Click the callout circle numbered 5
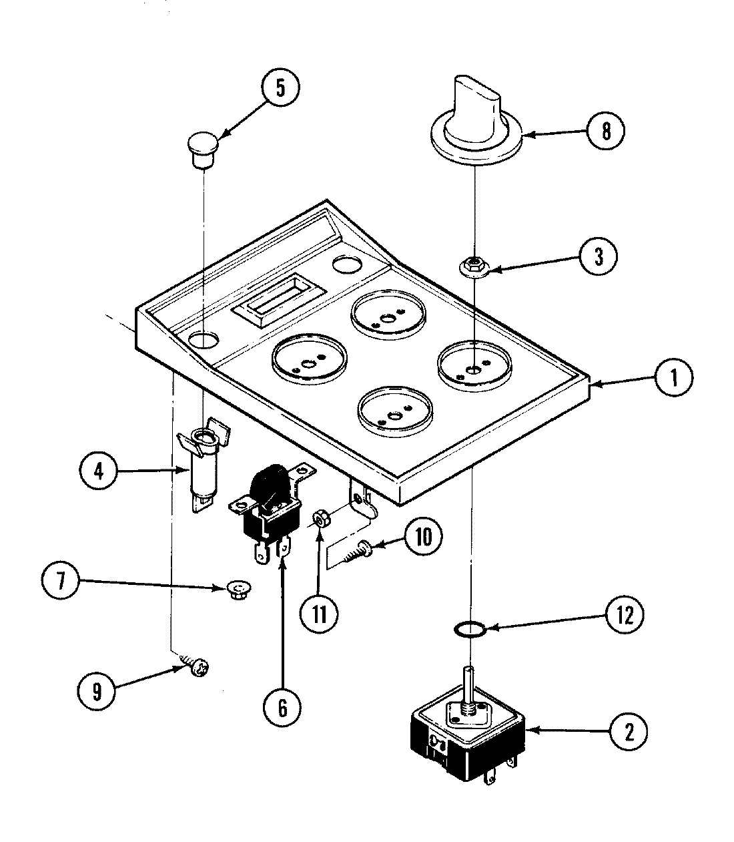pyautogui.click(x=280, y=89)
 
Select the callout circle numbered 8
pyautogui.click(x=605, y=132)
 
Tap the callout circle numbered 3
pyautogui.click(x=598, y=256)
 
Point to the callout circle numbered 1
pyautogui.click(x=674, y=379)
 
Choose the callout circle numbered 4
pyautogui.click(x=99, y=471)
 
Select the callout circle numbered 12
pyautogui.click(x=625, y=616)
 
